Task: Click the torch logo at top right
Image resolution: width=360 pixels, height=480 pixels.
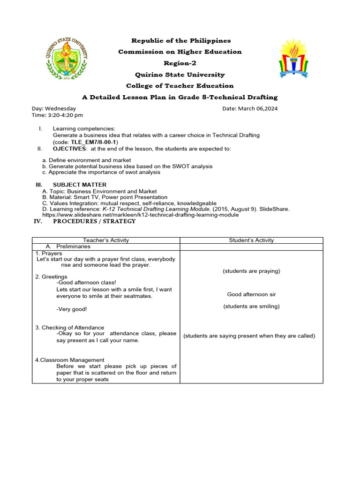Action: [294, 59]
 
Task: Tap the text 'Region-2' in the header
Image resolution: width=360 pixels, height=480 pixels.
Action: [180, 63]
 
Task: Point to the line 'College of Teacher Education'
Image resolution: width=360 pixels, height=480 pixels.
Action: [180, 86]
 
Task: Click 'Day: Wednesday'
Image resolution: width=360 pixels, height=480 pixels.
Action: [54, 108]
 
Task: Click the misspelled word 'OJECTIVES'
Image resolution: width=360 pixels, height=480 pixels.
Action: [70, 149]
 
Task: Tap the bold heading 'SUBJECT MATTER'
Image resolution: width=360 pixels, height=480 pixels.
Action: [79, 185]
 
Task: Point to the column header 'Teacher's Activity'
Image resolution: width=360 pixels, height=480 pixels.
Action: [106, 240]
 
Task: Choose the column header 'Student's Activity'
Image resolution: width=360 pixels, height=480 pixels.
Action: [251, 240]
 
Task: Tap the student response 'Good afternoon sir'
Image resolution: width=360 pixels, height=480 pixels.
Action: [251, 294]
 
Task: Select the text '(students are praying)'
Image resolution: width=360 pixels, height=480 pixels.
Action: [251, 271]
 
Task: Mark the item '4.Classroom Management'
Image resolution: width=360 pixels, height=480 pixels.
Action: [69, 360]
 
